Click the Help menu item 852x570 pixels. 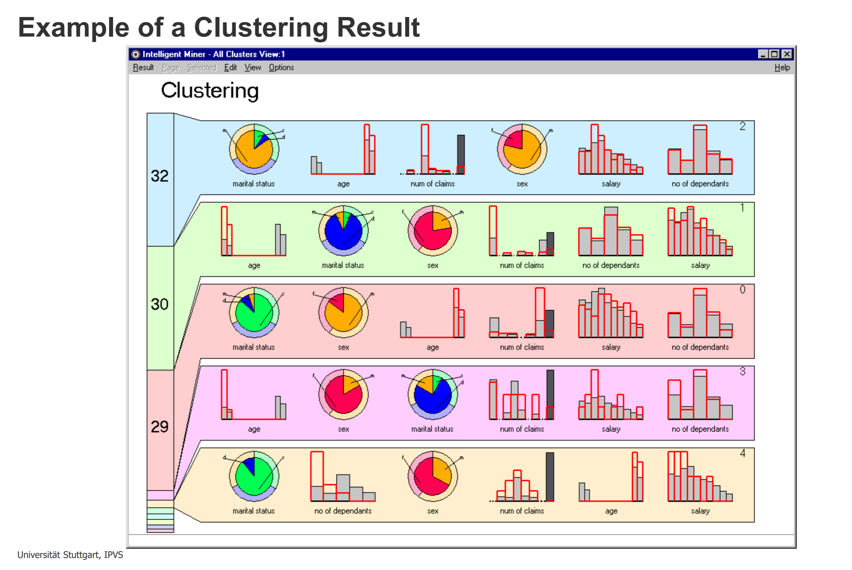coord(782,68)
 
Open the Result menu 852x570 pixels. coord(143,68)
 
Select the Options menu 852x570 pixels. coord(281,68)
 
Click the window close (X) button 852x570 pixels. coord(787,54)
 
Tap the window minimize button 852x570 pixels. coord(763,54)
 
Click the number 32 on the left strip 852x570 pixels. coord(160,176)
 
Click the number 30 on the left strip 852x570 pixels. coord(160,304)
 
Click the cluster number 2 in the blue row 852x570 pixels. coord(742,126)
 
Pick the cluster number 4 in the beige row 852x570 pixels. coord(742,453)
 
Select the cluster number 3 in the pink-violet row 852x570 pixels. coord(742,372)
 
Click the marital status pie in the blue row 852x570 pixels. coord(254,149)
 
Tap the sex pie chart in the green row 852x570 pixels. coord(433,230)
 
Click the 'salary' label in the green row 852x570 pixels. coord(700,265)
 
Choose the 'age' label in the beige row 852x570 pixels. coord(611,511)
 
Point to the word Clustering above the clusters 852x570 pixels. coord(210,90)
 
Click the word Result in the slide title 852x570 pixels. coord(378,27)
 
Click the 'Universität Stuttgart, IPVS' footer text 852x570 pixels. coord(70,555)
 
